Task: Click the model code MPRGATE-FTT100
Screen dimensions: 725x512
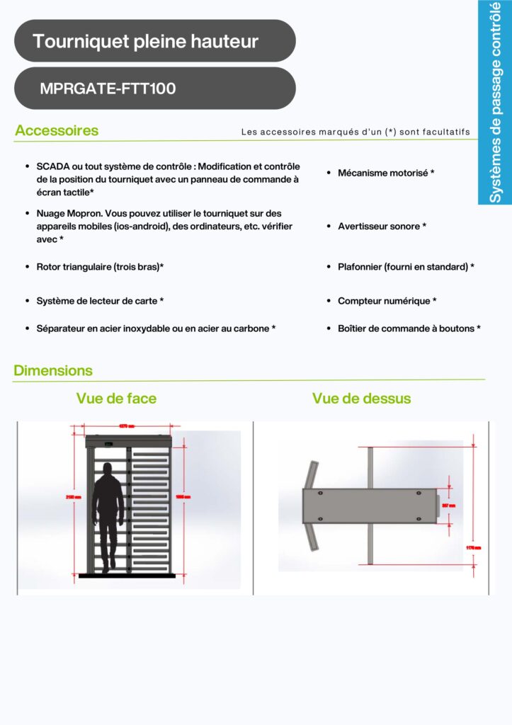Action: [108, 89]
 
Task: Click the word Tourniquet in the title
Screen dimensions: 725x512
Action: [80, 41]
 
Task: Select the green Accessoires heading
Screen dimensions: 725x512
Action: [57, 131]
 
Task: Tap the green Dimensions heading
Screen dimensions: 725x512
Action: [53, 370]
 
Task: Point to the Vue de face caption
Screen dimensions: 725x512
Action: [116, 399]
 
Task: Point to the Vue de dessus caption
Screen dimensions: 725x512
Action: [361, 399]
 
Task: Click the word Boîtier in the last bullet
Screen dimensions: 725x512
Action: [353, 329]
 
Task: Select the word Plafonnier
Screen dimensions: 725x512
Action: [360, 267]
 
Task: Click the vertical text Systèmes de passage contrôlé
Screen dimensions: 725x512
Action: [496, 103]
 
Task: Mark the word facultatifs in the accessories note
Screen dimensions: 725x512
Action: [445, 132]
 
